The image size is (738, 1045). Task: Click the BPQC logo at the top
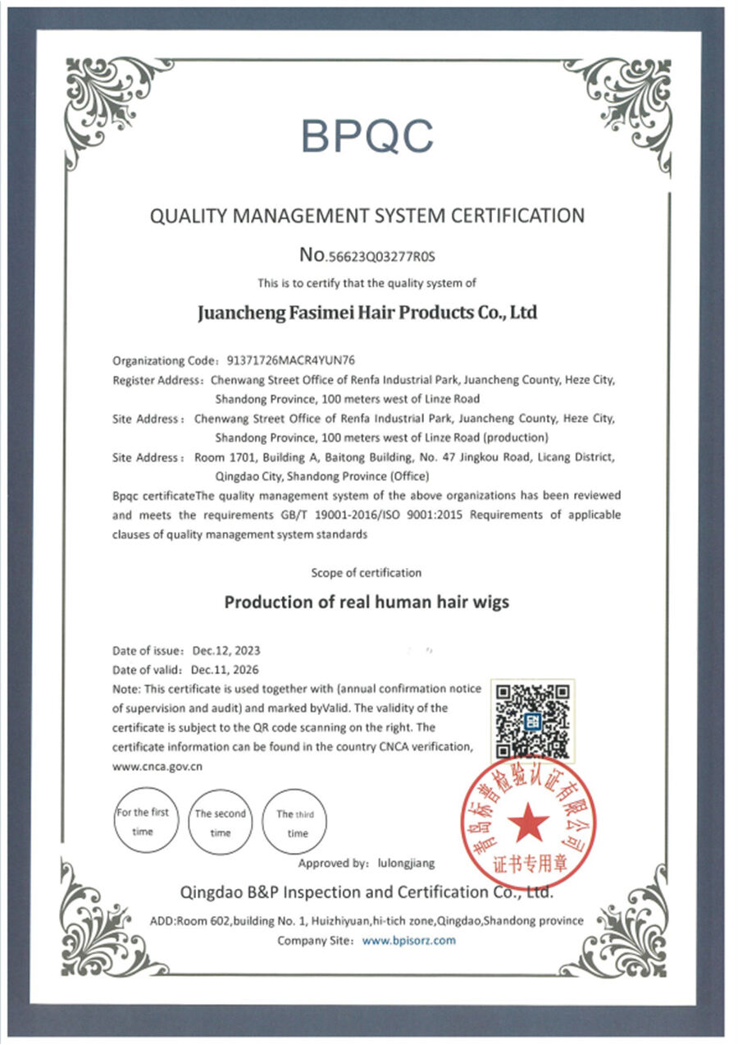pyautogui.click(x=367, y=135)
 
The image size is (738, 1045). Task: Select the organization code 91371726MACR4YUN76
pyautogui.click(x=289, y=360)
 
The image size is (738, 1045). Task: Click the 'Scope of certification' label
pyautogui.click(x=367, y=572)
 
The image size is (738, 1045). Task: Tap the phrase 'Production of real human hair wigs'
pyautogui.click(x=367, y=602)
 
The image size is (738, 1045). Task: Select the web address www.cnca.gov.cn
pyautogui.click(x=157, y=766)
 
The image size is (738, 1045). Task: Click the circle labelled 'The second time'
pyautogui.click(x=220, y=823)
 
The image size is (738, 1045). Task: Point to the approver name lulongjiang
pyautogui.click(x=407, y=863)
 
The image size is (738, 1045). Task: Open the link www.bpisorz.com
pyautogui.click(x=408, y=940)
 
